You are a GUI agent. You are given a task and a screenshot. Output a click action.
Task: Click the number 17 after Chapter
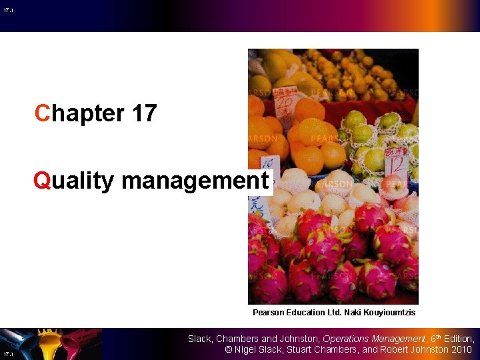coord(145,113)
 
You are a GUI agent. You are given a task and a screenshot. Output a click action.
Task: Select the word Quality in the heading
coord(75,181)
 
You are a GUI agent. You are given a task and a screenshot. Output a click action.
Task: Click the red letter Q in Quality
coord(42,181)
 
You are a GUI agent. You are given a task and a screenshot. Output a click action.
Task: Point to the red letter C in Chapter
coord(43,113)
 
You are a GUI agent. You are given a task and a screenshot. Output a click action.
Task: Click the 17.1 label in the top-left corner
coord(7,10)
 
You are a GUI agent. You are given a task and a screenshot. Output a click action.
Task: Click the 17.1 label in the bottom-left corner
coord(7,353)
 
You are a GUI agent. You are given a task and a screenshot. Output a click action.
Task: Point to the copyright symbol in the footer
coord(227,349)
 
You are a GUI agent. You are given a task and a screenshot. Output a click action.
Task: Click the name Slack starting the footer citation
coord(199,339)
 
